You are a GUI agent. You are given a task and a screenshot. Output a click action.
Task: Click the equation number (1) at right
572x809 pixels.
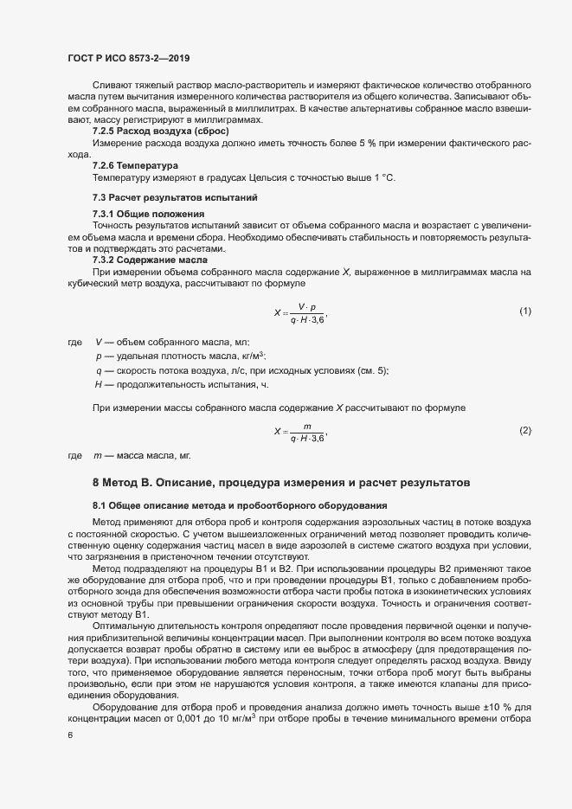524,311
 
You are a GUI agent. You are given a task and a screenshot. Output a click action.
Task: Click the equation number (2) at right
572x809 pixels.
524,430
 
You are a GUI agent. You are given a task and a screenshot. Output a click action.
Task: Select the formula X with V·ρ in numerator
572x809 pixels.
299,312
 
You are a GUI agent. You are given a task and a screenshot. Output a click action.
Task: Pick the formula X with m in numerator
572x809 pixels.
299,432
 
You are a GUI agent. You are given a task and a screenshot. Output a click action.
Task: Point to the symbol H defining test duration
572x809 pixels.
99,384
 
